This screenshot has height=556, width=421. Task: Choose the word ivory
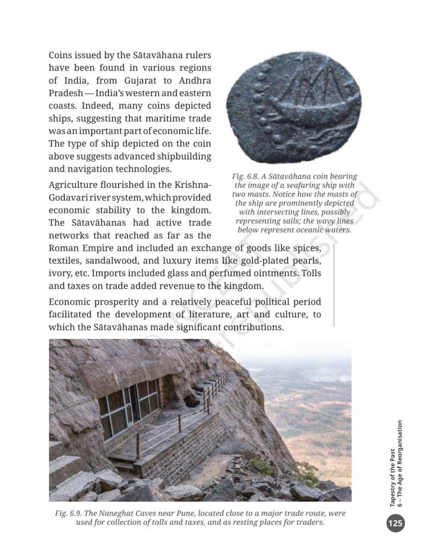coord(59,273)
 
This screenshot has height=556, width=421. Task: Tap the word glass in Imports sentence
coord(190,273)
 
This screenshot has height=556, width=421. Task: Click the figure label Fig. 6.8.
coord(247,176)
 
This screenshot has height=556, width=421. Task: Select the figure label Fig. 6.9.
coord(69,513)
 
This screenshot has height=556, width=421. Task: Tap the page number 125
coord(396,523)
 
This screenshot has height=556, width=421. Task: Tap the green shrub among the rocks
coord(263,466)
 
